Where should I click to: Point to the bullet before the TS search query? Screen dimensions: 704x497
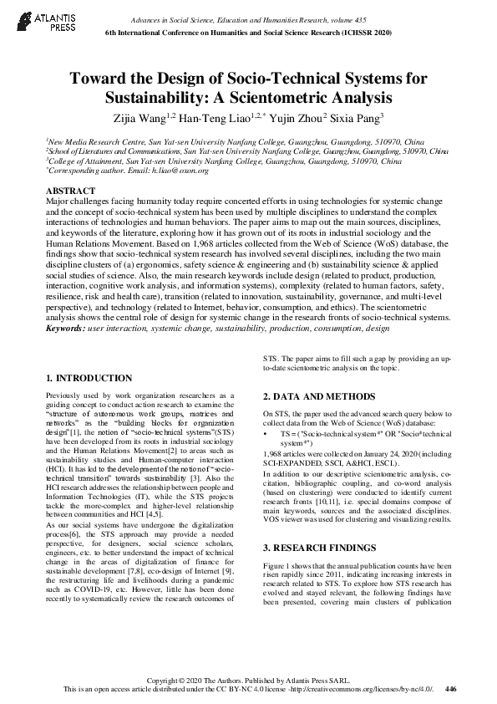(x=266, y=436)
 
